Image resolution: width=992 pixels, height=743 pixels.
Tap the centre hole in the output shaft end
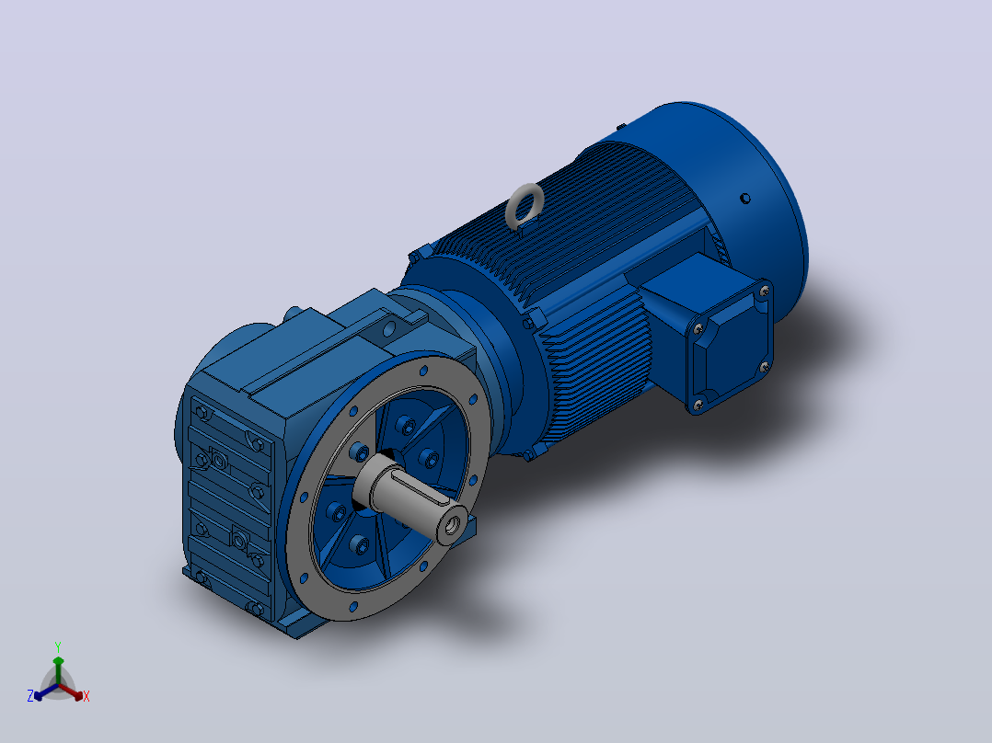pos(453,524)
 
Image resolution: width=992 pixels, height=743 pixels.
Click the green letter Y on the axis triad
pos(58,646)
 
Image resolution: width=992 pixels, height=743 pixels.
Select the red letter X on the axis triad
pos(87,696)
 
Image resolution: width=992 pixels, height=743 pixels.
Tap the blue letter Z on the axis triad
pos(29,696)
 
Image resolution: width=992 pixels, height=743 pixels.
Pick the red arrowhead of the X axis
pos(77,695)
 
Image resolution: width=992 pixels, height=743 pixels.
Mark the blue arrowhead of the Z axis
pos(39,695)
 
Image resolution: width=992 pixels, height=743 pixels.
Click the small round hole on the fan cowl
pos(745,199)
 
